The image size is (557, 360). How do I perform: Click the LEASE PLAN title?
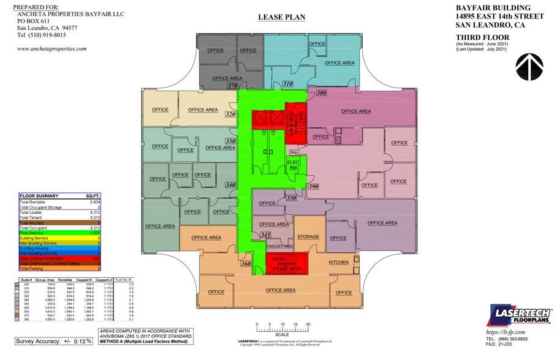(281, 17)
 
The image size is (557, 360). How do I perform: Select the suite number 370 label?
(232, 86)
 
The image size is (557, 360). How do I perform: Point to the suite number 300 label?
(320, 92)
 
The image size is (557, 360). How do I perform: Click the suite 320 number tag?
(230, 114)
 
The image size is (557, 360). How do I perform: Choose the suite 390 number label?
(313, 186)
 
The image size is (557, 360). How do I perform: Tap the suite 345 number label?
(265, 234)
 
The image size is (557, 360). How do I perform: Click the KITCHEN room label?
(338, 263)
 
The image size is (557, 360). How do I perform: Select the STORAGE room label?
(308, 237)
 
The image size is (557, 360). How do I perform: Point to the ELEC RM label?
(293, 164)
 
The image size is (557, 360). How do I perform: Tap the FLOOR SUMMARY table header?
(39, 196)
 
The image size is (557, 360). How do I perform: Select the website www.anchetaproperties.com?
(51, 49)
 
